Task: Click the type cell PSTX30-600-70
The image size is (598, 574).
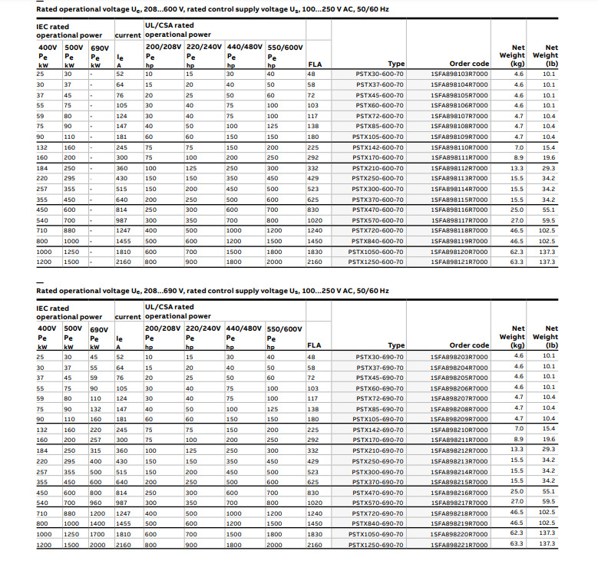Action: click(379, 74)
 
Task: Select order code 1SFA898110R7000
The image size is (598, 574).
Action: click(458, 147)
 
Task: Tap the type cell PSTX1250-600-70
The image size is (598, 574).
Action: click(377, 262)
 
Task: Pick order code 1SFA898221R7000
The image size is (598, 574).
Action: click(458, 544)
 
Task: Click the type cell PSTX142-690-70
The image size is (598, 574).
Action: click(379, 429)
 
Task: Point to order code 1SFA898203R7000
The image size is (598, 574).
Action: click(458, 357)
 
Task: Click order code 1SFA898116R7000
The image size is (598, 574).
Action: click(458, 209)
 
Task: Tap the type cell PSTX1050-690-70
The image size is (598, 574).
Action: click(377, 533)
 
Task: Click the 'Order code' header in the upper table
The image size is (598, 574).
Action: click(469, 64)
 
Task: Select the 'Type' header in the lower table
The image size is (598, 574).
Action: click(396, 346)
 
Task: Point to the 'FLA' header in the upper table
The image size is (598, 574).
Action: click(315, 64)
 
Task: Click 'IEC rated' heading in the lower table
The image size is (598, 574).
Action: click(53, 308)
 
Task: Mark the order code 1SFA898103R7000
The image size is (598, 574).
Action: click(458, 74)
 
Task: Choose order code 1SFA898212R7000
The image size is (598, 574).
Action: click(458, 450)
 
